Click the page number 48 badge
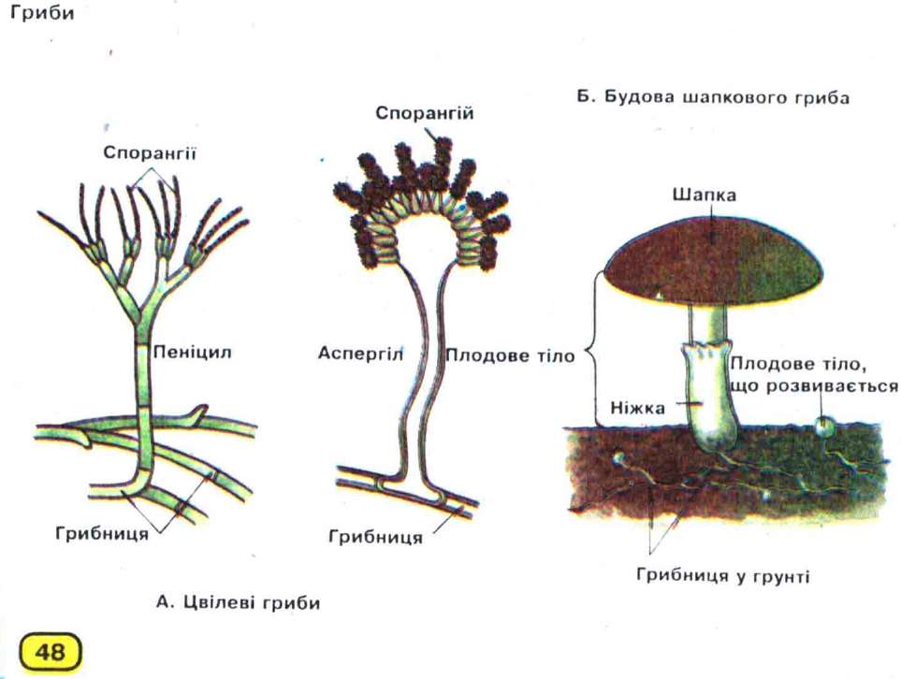point(51,652)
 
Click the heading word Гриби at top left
point(42,13)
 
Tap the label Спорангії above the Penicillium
point(150,153)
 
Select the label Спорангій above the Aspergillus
point(425,114)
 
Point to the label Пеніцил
point(193,352)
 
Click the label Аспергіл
point(360,354)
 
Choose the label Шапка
point(704,195)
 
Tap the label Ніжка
point(638,408)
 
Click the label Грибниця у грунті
point(723,575)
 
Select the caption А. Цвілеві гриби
point(238,602)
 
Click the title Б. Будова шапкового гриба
point(713,97)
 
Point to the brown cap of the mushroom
point(714,260)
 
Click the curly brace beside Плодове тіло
point(593,350)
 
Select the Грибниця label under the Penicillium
point(102,534)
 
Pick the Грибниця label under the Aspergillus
point(376,537)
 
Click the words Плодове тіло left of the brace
point(510,355)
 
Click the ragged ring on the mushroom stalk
point(707,351)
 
